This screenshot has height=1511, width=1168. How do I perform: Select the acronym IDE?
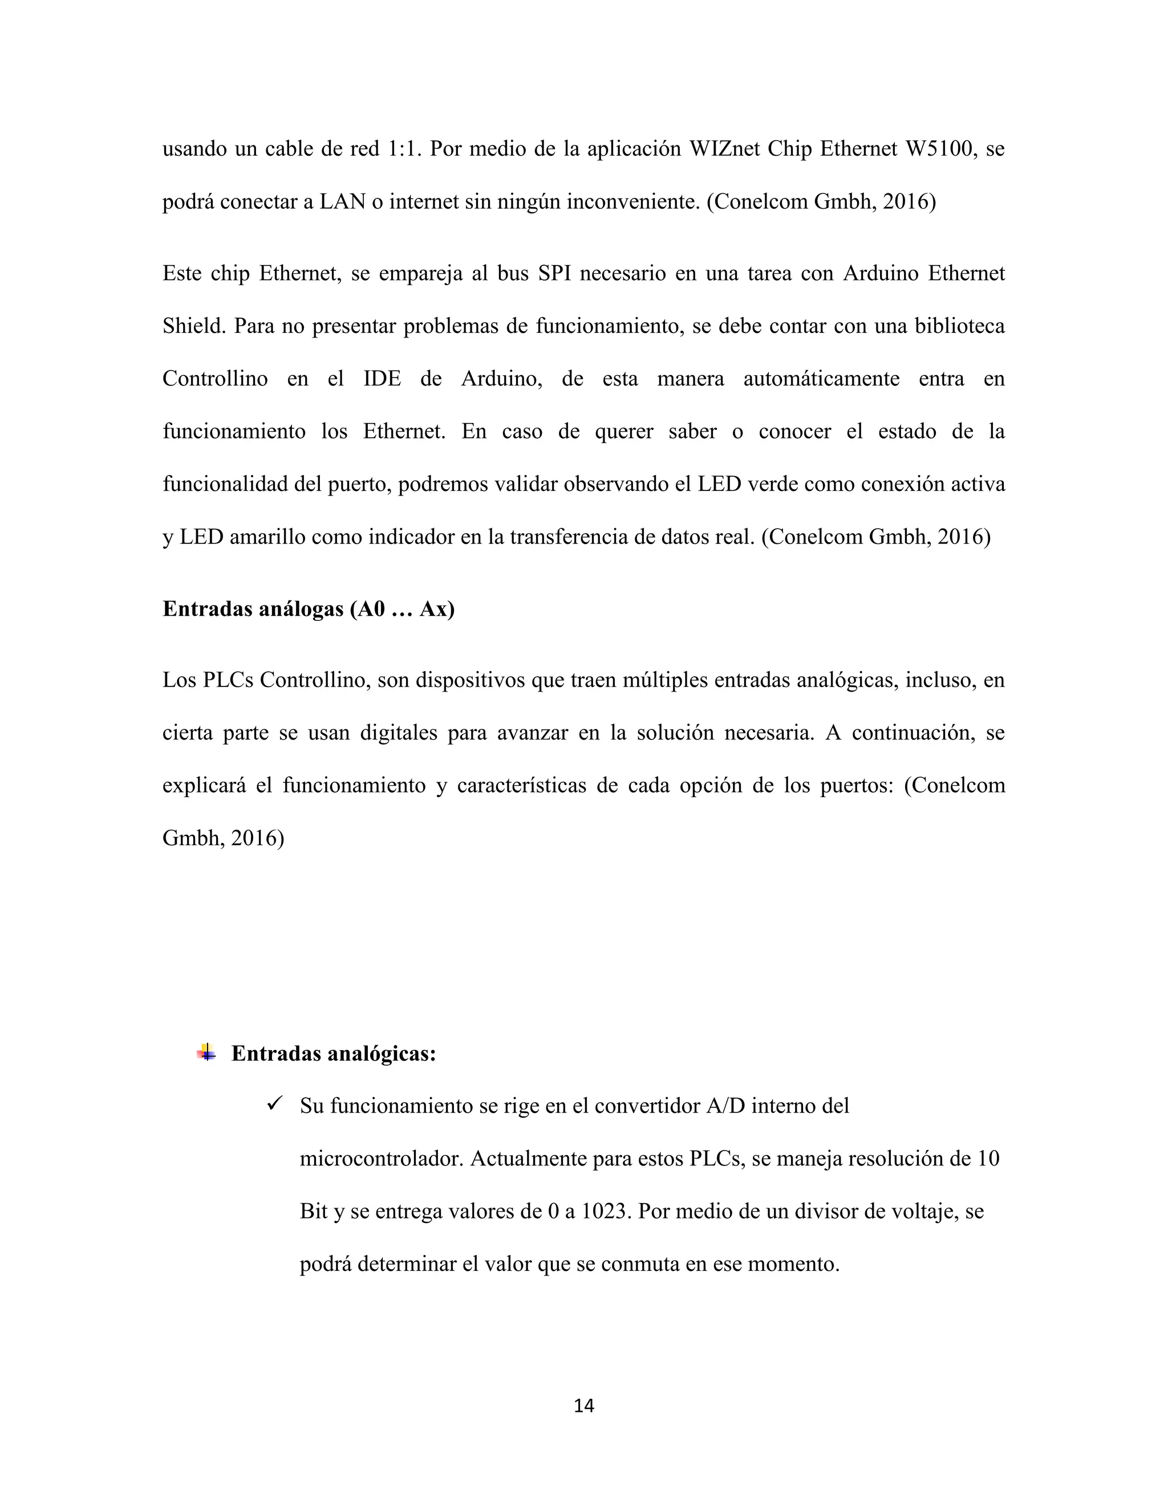click(x=382, y=379)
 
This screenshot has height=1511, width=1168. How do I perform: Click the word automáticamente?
click(x=821, y=379)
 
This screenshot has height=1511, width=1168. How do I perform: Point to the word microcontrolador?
click(x=382, y=1159)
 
